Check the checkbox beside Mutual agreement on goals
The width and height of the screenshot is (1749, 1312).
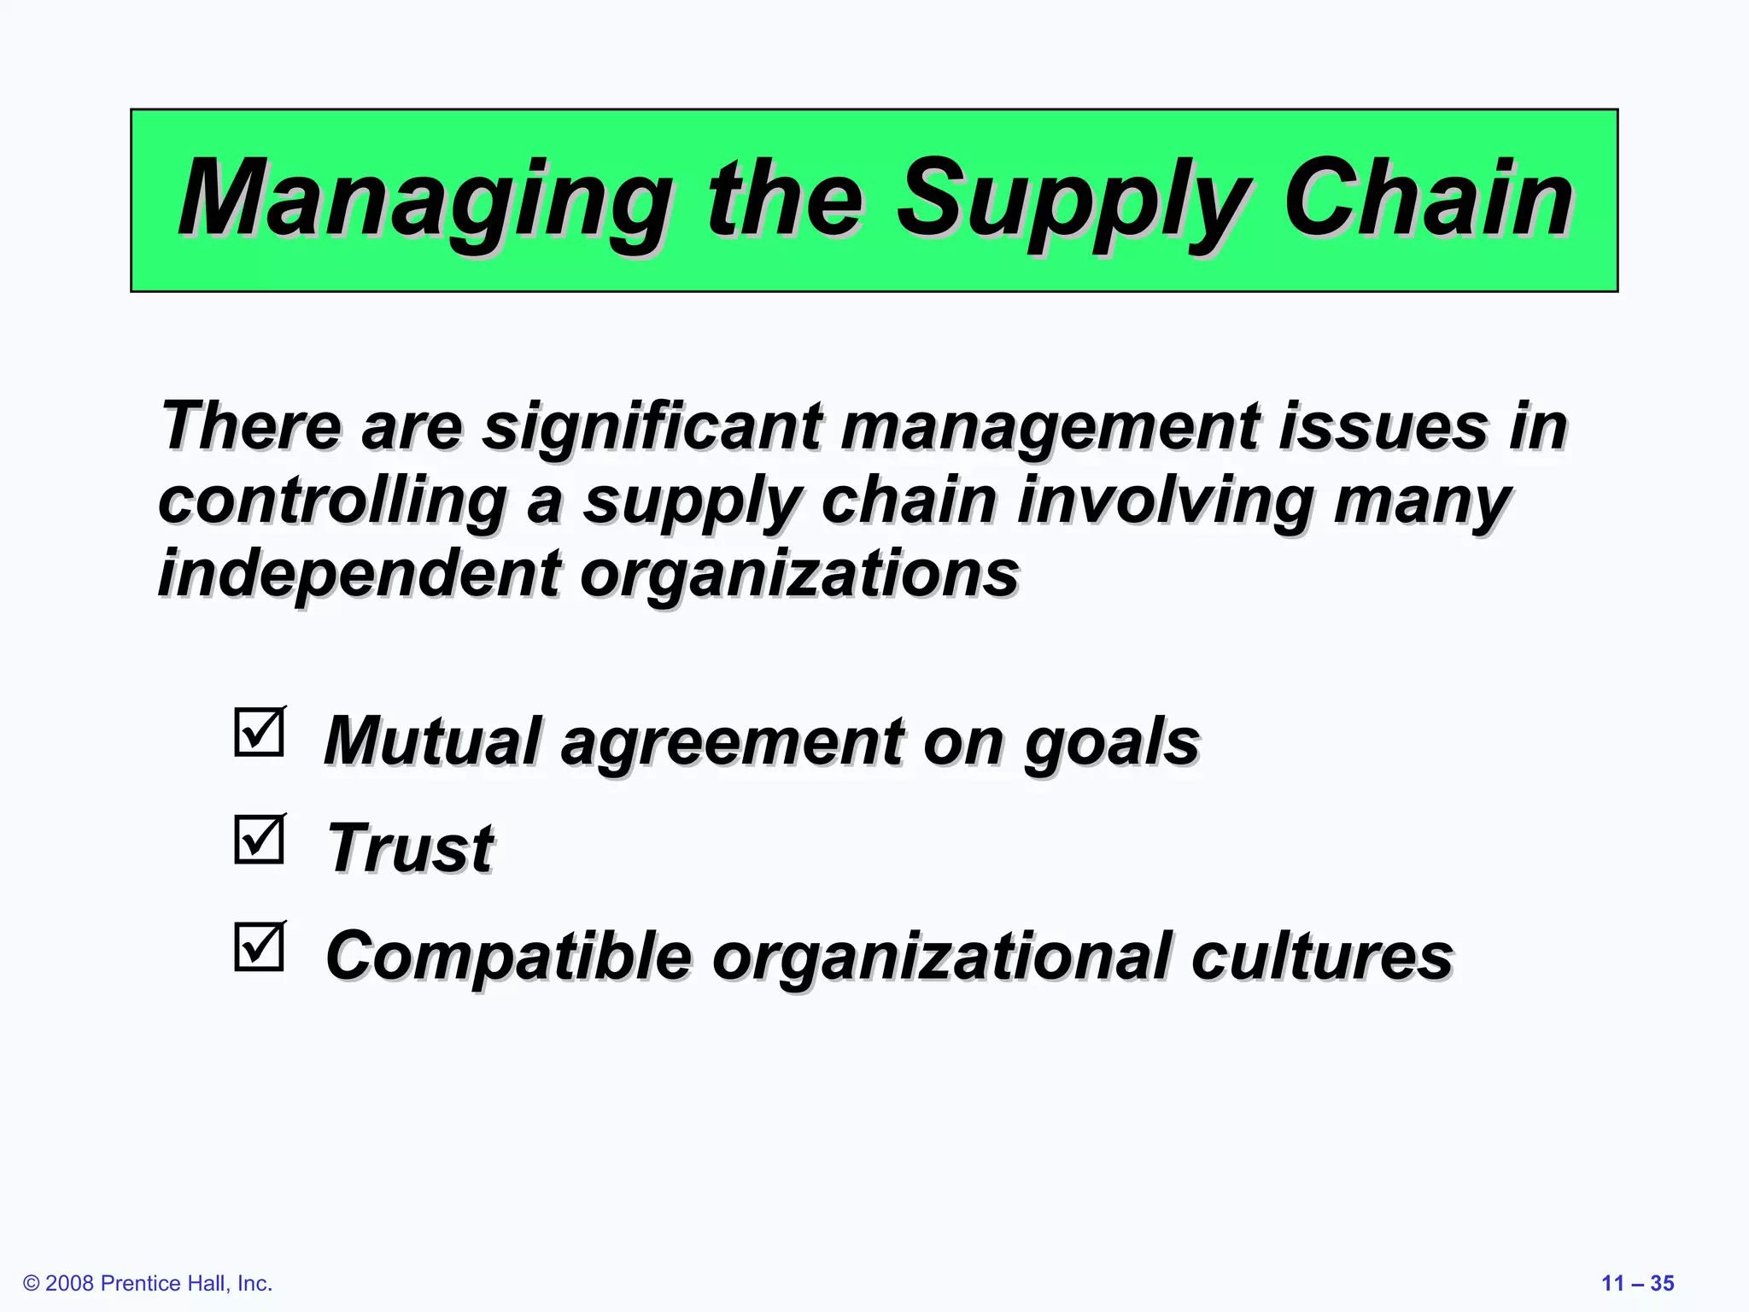pyautogui.click(x=260, y=732)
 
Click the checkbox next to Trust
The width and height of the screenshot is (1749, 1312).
pyautogui.click(x=260, y=840)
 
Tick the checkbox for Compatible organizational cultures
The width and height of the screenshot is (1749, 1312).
pyautogui.click(x=260, y=947)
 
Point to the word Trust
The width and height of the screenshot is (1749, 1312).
pyautogui.click(x=410, y=848)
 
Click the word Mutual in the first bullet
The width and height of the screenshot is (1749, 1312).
pyautogui.click(x=431, y=741)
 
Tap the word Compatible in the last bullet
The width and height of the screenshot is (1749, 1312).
pyautogui.click(x=508, y=956)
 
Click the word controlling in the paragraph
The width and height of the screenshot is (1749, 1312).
pyautogui.click(x=333, y=501)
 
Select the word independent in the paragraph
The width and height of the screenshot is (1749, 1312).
pyautogui.click(x=360, y=573)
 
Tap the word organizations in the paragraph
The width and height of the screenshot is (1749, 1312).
pyautogui.click(x=799, y=574)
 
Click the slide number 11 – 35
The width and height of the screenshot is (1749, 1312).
pyautogui.click(x=1637, y=1283)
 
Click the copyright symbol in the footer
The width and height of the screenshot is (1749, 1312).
pyautogui.click(x=32, y=1283)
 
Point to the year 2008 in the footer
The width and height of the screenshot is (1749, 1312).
pyautogui.click(x=70, y=1283)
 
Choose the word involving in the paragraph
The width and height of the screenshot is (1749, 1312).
pyautogui.click(x=1166, y=501)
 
